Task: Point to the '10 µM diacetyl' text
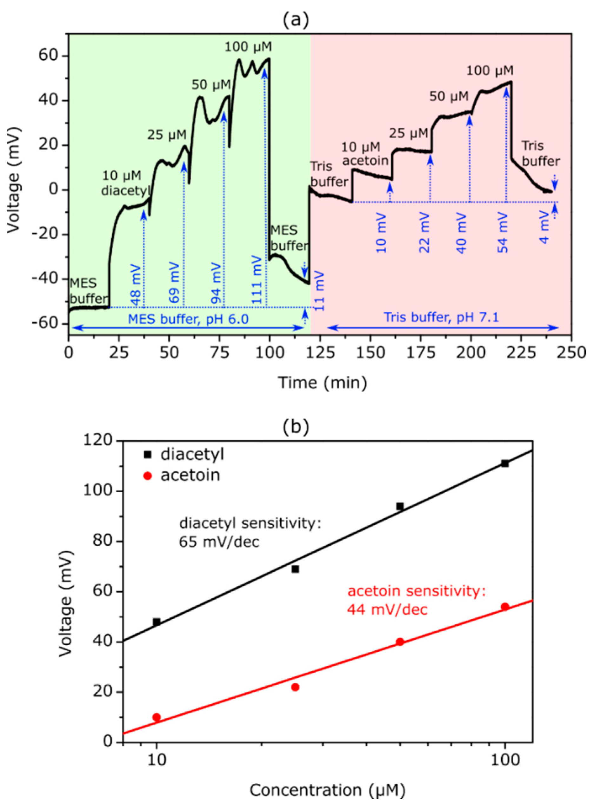(x=125, y=183)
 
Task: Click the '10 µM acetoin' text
(x=365, y=154)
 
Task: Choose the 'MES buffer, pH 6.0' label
(x=188, y=319)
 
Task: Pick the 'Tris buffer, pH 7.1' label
(x=442, y=318)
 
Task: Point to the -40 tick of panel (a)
(x=50, y=279)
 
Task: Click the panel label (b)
(x=296, y=426)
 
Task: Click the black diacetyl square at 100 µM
(x=505, y=464)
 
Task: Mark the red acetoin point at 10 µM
(x=157, y=717)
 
